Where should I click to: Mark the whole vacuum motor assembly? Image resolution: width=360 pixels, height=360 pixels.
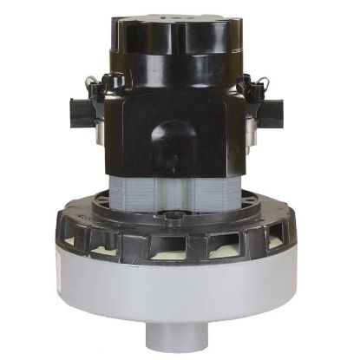pyautogui.click(x=180, y=182)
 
